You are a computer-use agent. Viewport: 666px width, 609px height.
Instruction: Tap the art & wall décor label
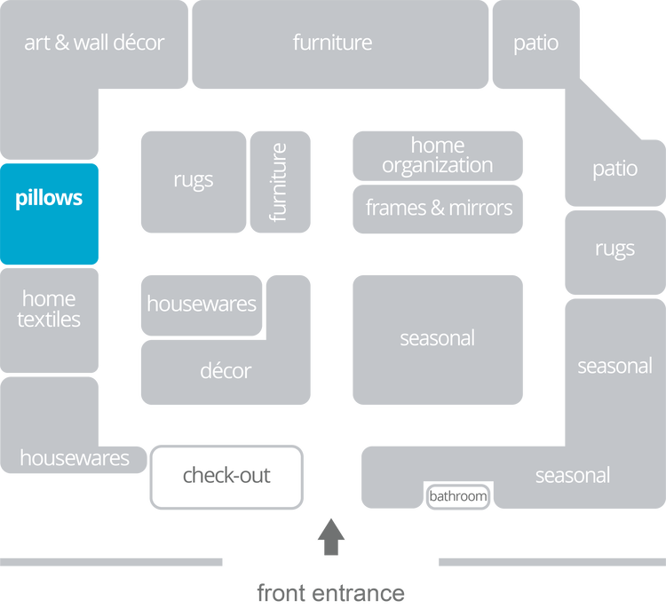coord(94,43)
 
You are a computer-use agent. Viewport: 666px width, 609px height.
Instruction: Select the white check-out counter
coord(226,476)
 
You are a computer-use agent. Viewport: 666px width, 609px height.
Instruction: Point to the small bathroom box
coord(458,496)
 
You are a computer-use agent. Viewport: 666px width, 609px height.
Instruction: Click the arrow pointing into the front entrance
coord(331,537)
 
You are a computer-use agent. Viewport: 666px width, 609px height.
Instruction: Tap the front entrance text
coord(330,591)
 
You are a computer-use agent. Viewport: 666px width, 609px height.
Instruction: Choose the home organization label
coord(437,155)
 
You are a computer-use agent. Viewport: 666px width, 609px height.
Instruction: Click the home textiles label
coord(49,309)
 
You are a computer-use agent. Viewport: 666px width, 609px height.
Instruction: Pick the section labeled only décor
coord(226,371)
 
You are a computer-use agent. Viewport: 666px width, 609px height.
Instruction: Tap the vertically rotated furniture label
coord(280,182)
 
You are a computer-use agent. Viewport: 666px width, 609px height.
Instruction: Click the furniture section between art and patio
coord(332,43)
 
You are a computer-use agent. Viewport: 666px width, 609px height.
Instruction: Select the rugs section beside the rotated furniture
coord(194,181)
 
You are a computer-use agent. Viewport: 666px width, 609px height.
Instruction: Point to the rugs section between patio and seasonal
coord(614,249)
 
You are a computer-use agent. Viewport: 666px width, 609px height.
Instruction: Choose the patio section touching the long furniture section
coord(535,43)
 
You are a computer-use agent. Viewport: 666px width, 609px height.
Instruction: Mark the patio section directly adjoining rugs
coord(614,169)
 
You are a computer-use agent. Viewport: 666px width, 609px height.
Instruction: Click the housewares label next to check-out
coord(75,458)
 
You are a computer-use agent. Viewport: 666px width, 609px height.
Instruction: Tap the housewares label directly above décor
coord(202,304)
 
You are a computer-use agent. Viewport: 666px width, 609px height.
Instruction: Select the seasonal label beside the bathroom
coord(572,476)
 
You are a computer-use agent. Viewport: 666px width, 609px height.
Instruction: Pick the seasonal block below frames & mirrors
coord(437,338)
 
